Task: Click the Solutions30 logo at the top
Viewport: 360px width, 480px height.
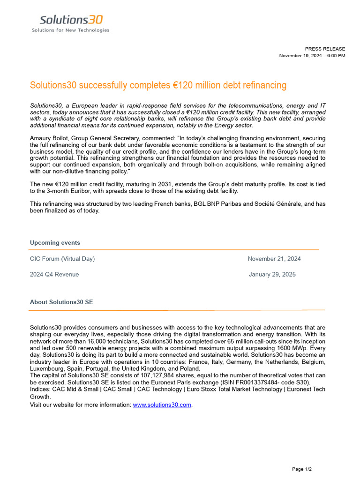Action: click(x=71, y=20)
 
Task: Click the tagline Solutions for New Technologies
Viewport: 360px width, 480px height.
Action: click(x=70, y=30)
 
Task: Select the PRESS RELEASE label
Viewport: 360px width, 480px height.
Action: click(x=325, y=49)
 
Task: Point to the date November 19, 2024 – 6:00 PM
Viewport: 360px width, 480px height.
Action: click(x=312, y=56)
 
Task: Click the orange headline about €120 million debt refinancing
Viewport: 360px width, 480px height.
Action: click(x=158, y=85)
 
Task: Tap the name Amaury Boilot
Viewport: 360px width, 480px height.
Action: click(x=49, y=139)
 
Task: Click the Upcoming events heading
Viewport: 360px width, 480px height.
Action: click(x=55, y=243)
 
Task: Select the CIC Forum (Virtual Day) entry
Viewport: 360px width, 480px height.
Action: click(x=62, y=259)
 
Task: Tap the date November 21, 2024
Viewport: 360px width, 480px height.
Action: click(x=274, y=259)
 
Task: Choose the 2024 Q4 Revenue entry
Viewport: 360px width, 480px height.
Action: click(x=54, y=275)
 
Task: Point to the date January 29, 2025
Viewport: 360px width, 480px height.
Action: click(x=272, y=275)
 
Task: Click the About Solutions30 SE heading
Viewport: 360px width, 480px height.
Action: click(x=61, y=302)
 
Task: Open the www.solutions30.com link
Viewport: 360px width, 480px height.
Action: click(x=162, y=405)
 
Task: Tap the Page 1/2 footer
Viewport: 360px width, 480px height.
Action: click(x=302, y=469)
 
